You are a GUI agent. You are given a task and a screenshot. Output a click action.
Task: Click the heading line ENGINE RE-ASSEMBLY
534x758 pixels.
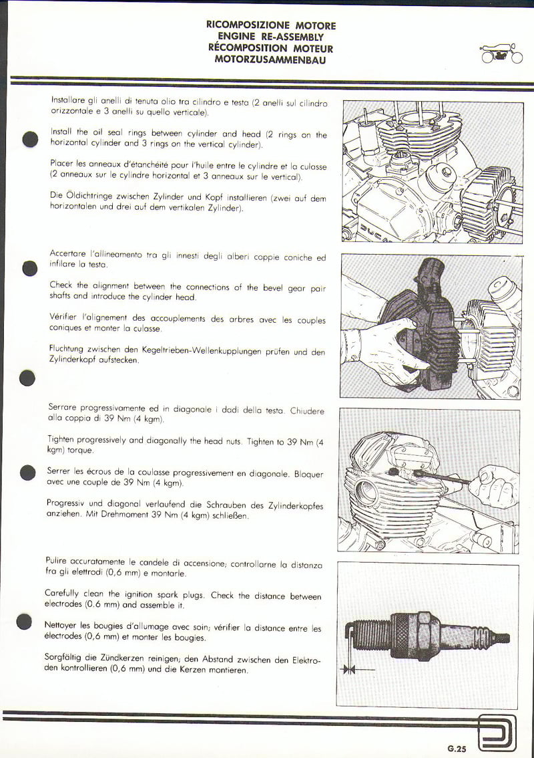pos(270,37)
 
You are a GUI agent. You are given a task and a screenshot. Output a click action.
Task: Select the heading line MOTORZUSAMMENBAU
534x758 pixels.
pos(270,60)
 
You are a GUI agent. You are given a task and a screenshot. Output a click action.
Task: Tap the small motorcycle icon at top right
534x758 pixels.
pos(502,53)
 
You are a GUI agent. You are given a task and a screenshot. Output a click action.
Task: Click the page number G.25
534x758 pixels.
pos(457,749)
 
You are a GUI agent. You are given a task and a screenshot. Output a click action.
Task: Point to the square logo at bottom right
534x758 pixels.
pos(497,732)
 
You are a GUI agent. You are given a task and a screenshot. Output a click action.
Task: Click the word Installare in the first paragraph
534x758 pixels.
pos(67,100)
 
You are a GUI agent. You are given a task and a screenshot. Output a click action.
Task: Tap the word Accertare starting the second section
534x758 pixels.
pos(67,253)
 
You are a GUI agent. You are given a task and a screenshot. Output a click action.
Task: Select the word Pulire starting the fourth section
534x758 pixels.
pos(55,561)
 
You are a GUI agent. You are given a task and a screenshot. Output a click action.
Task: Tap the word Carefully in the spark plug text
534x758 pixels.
pos(61,593)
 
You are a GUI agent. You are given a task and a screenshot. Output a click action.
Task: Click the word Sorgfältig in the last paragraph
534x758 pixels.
pos(63,658)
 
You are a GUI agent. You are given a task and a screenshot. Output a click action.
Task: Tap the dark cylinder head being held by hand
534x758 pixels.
pos(415,324)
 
